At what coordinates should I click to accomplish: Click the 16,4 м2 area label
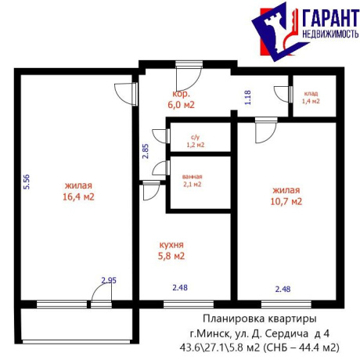[79, 196]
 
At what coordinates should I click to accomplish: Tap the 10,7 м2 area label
[286, 200]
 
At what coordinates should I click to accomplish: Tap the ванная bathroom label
[191, 176]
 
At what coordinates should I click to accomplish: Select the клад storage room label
[311, 93]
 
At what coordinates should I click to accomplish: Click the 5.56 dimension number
[26, 182]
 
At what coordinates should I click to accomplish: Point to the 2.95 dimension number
[107, 279]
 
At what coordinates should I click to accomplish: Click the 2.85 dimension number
[145, 151]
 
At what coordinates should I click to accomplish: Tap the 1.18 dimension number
[247, 98]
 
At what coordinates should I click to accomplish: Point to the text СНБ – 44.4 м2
[306, 347]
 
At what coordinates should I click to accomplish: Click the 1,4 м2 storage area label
[311, 102]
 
